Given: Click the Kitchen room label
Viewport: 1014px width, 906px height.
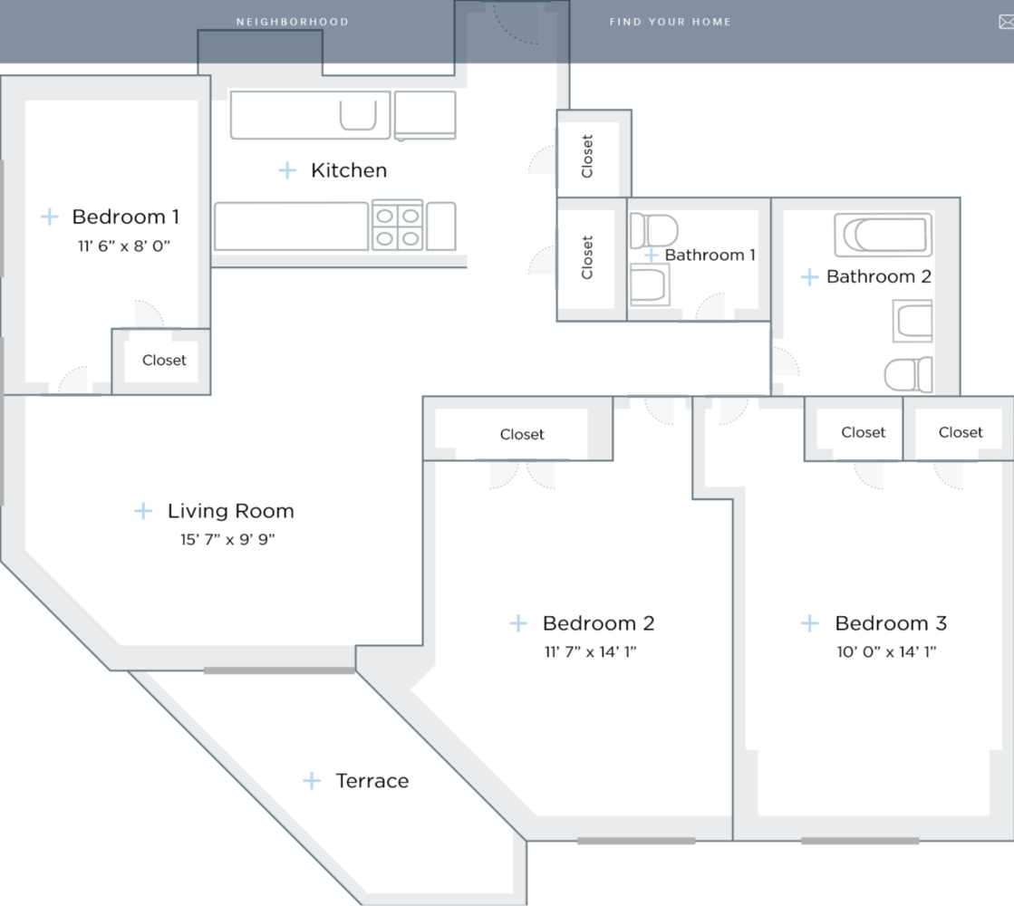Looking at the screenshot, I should click(349, 170).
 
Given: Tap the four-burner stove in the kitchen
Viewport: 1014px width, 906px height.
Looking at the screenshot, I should click(398, 226).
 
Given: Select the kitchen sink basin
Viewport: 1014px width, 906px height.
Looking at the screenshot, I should click(357, 116).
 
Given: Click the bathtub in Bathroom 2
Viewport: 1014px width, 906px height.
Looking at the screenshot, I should click(883, 236).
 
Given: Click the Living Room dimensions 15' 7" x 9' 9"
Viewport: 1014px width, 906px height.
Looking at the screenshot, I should click(227, 539).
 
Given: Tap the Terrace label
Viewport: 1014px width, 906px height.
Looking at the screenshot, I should click(372, 781).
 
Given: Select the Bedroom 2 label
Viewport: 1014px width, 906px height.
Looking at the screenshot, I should click(598, 623).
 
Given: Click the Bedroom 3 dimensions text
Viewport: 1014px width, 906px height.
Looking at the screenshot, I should click(886, 651).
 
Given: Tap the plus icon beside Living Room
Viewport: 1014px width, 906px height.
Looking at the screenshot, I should click(143, 511).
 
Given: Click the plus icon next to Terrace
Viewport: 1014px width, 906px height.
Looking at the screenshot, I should click(312, 781).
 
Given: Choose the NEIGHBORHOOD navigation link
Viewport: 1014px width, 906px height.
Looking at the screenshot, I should click(292, 22).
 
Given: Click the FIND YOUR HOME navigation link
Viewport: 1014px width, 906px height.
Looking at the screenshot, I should click(670, 22).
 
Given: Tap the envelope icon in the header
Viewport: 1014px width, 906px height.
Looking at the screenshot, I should click(1005, 23).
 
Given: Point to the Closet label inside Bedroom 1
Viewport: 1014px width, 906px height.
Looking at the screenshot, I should click(164, 361).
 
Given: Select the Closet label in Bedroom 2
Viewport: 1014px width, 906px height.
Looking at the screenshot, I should click(522, 435).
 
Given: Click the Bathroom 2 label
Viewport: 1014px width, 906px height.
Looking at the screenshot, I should click(878, 277).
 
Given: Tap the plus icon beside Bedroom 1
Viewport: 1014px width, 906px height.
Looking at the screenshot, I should click(50, 217).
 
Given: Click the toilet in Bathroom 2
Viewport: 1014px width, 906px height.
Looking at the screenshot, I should click(909, 374).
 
